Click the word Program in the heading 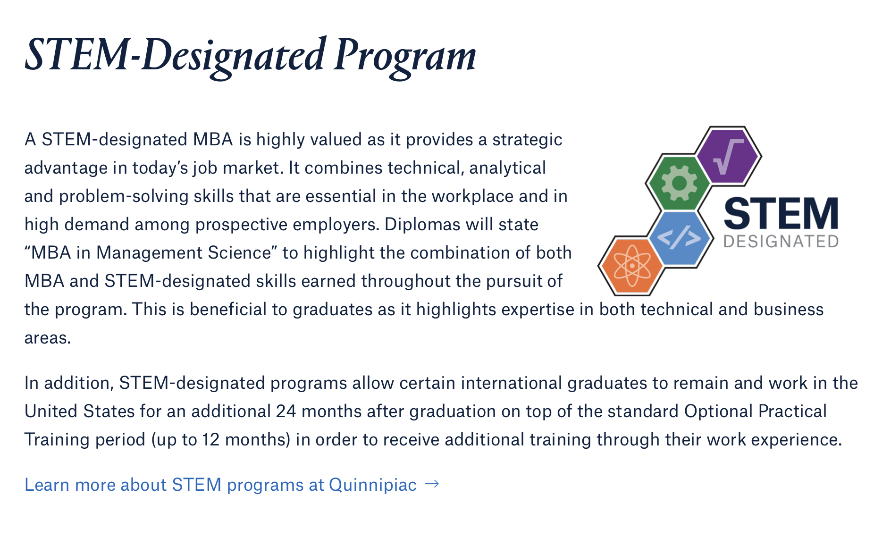coord(405,57)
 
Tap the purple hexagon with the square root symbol coord(728,156)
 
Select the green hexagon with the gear coord(678,183)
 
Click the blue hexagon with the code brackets coord(680,238)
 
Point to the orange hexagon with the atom coord(631,266)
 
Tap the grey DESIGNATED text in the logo coord(781,242)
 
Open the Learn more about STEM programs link coord(220,485)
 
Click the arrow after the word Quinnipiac coord(432,484)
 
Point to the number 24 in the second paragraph coord(286,411)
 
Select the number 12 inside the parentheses coord(211,439)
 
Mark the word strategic coord(527,140)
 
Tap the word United coord(51,411)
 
